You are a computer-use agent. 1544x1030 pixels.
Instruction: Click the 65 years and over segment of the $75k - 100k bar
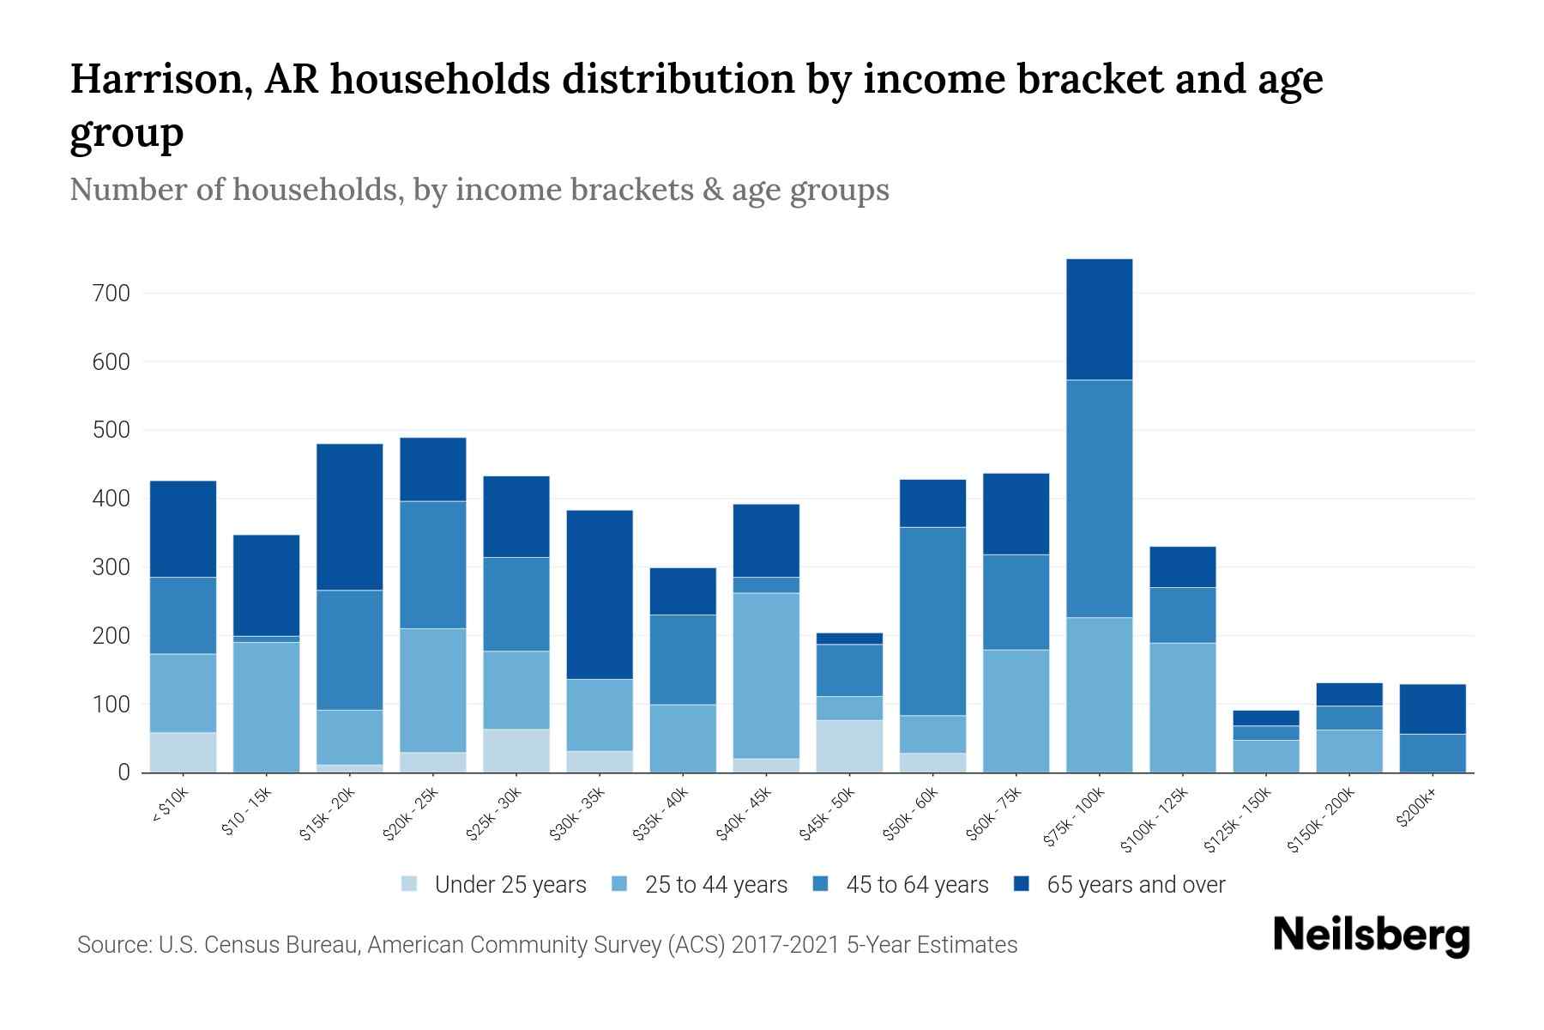click(1099, 319)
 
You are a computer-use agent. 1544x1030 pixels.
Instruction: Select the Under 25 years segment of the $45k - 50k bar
click(849, 746)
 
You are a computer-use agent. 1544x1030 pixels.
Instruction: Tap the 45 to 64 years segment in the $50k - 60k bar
click(932, 621)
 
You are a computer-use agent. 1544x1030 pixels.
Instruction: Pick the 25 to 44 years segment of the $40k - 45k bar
click(766, 676)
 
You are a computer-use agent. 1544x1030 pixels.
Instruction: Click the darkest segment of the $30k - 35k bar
click(600, 595)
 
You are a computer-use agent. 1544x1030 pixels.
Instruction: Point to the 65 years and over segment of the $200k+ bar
click(1432, 709)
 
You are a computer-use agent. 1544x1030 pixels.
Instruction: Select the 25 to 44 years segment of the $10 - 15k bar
click(266, 707)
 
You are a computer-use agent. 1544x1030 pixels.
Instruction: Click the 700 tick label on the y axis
click(111, 294)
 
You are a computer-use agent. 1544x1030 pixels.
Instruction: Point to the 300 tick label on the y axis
click(111, 567)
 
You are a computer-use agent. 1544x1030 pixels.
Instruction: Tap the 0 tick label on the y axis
click(124, 772)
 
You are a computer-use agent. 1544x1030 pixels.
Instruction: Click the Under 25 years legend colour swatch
click(410, 884)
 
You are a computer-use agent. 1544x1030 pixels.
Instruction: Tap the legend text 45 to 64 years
click(917, 885)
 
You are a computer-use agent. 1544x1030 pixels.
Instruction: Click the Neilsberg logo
click(1371, 936)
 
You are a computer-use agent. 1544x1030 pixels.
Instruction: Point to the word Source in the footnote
click(112, 945)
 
